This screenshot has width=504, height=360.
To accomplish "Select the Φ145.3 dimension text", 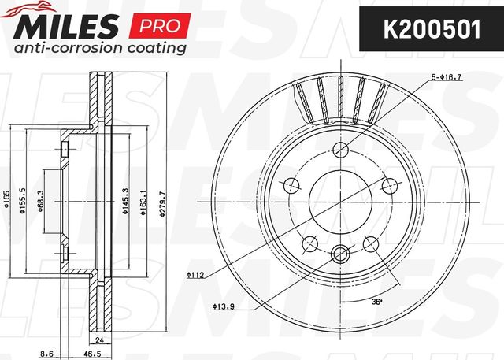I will (124, 202).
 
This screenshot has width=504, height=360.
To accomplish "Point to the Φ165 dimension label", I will (6, 202).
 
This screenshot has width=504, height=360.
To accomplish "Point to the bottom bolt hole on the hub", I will (340, 253).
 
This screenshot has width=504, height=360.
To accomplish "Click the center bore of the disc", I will (340, 202).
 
